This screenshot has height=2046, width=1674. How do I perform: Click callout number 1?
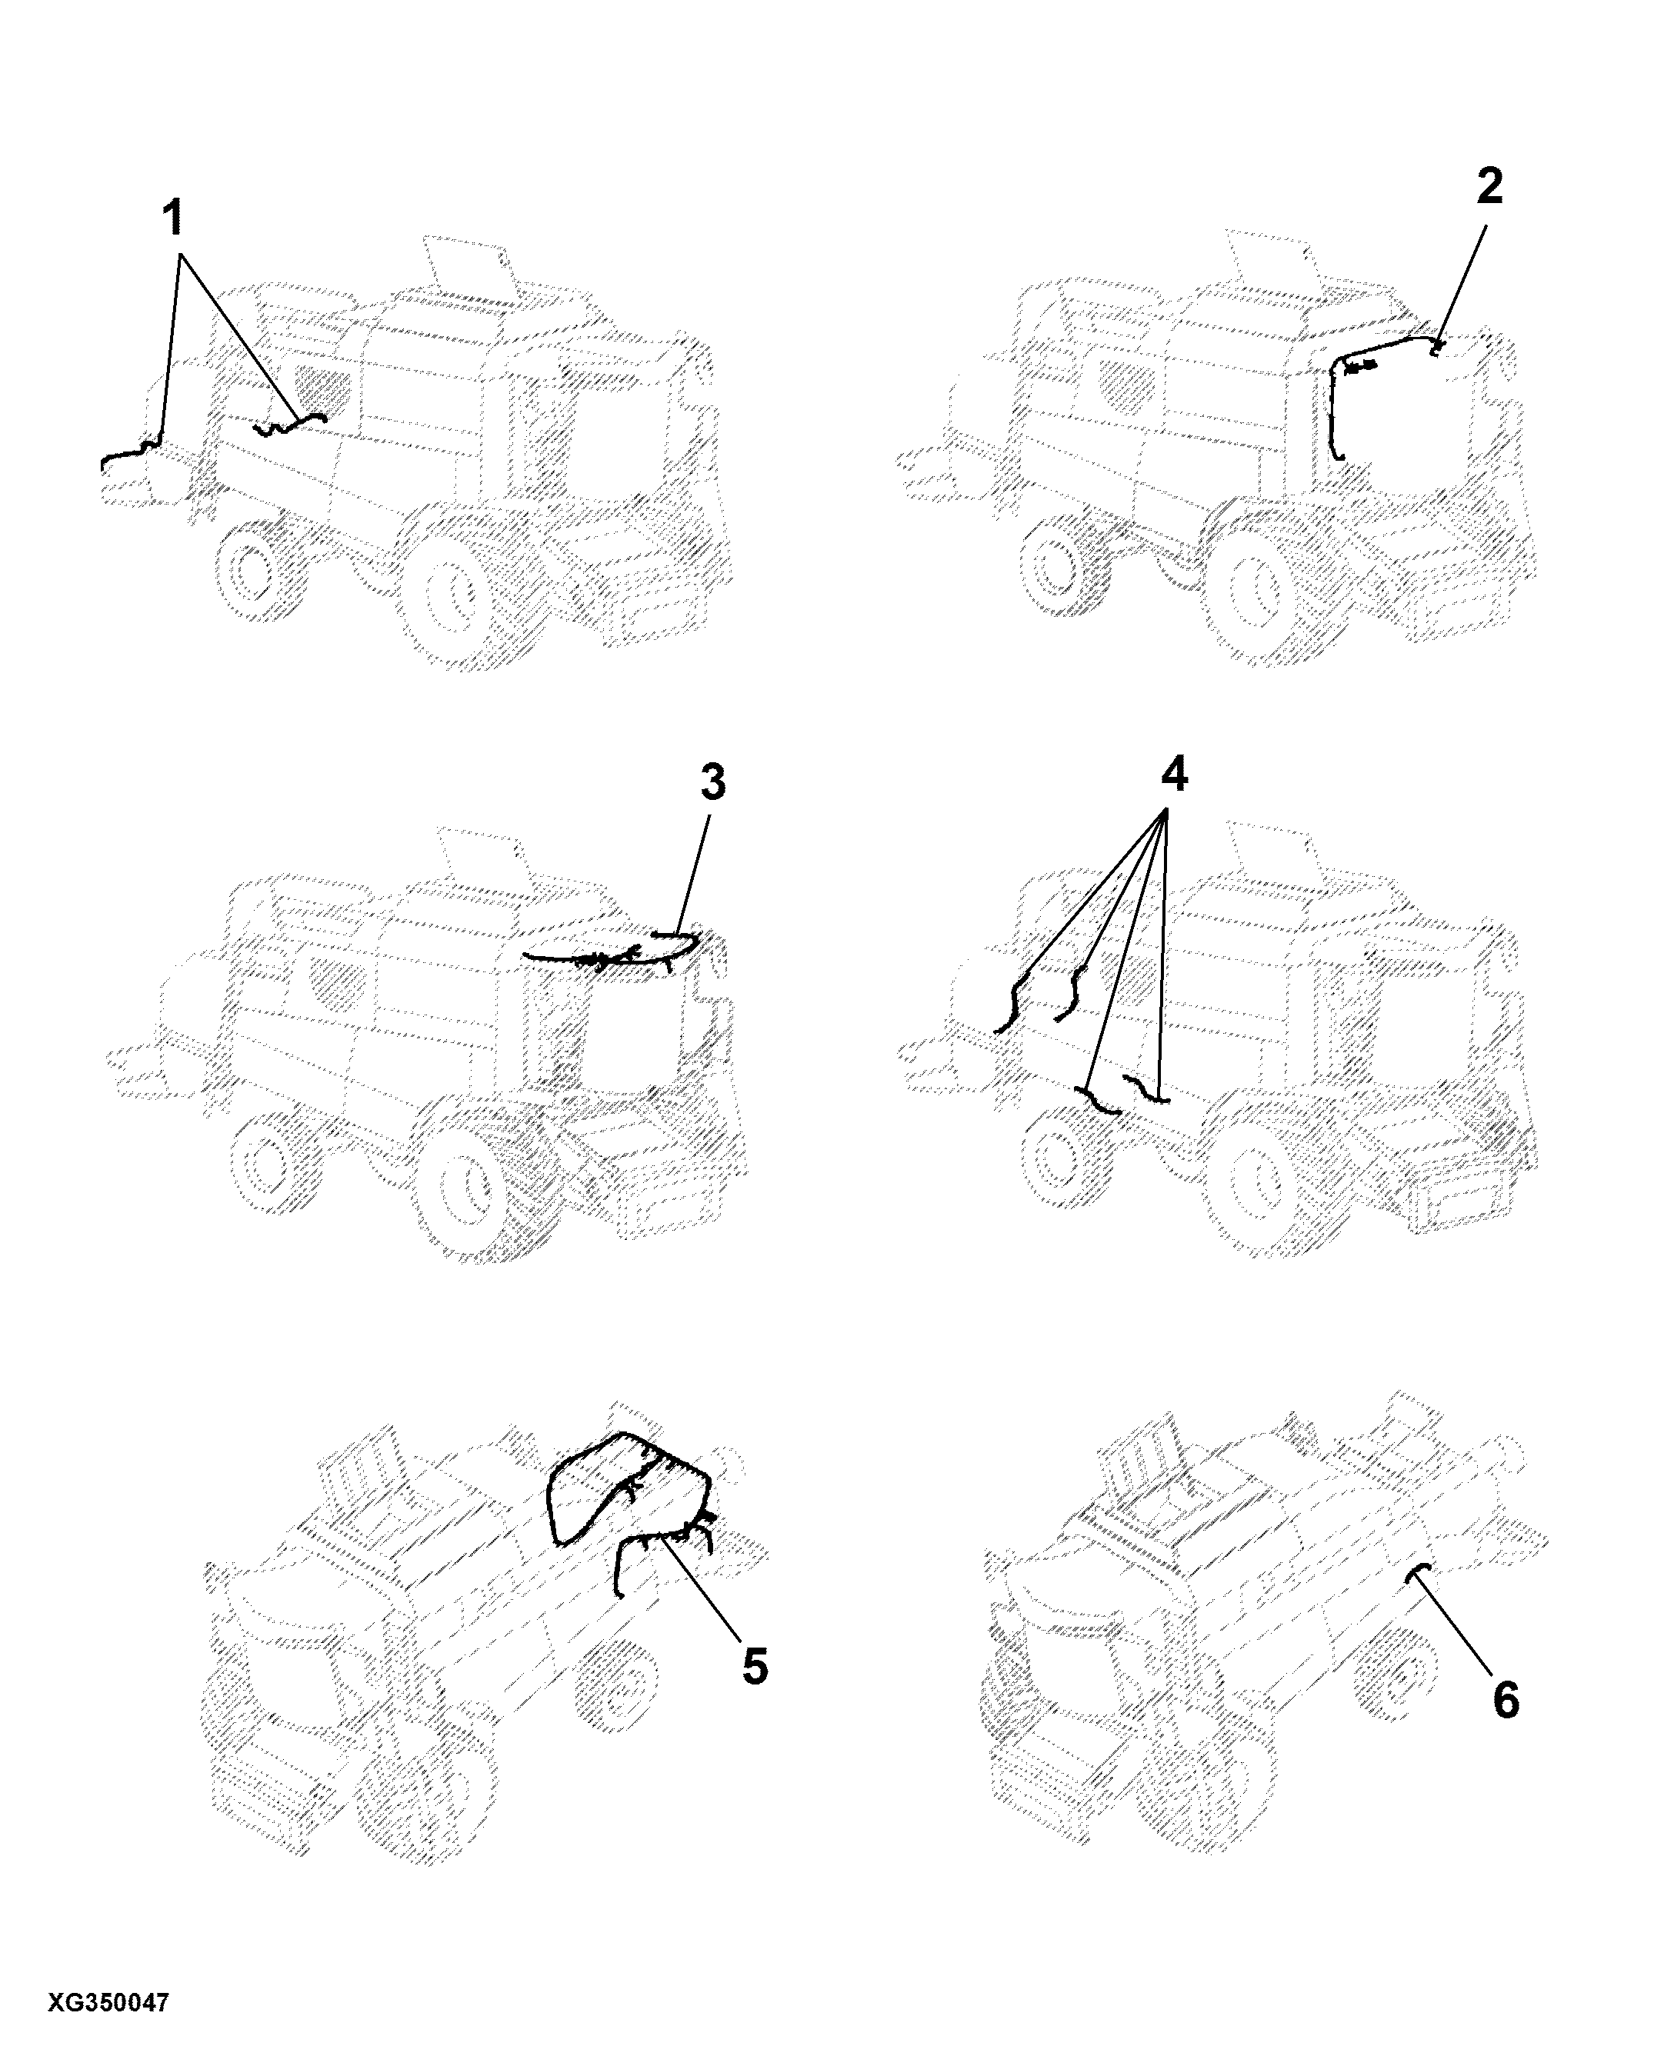click(172, 220)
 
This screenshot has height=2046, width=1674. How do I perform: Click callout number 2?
click(1490, 186)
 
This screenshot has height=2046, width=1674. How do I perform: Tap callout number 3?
click(712, 783)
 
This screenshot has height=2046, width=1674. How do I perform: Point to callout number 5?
click(755, 1666)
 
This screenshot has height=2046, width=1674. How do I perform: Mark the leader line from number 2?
click(1461, 282)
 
